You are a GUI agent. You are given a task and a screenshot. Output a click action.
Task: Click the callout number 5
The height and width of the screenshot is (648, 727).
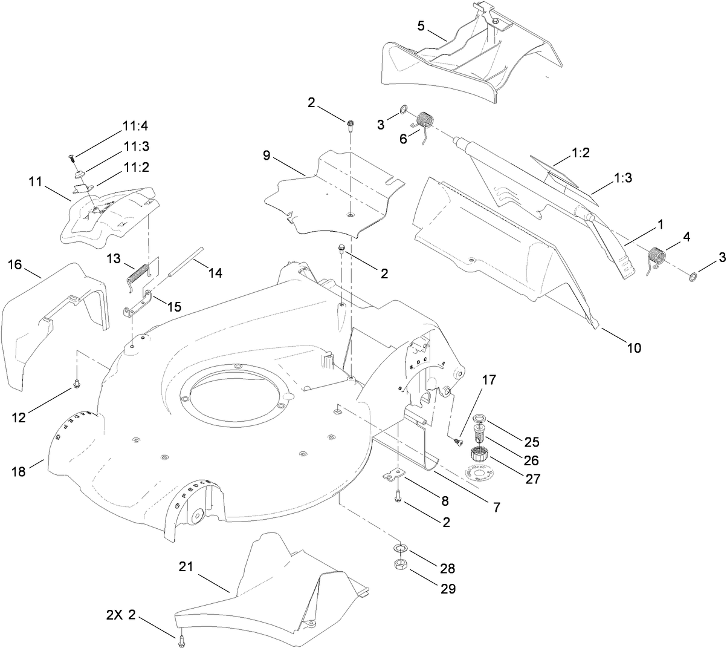point(421,26)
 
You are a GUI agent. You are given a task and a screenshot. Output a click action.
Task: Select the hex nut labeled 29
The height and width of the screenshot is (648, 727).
point(399,565)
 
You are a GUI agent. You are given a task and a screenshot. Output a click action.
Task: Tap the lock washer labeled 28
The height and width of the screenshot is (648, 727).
point(399,549)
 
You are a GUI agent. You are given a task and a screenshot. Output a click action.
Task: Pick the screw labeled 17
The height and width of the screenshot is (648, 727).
point(458,443)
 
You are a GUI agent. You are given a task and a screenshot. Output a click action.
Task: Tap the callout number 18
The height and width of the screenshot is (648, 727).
point(19,471)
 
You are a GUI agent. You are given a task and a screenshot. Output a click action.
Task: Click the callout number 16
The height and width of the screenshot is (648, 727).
point(16,264)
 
